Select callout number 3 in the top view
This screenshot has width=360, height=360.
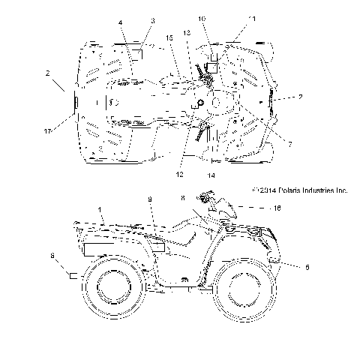click(x=152, y=21)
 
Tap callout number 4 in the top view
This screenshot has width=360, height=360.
click(x=120, y=24)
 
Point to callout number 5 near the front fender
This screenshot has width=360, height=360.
click(x=307, y=266)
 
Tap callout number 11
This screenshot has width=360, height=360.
click(x=252, y=18)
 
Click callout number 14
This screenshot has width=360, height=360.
click(x=211, y=175)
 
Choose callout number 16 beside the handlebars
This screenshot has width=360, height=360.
click(x=277, y=210)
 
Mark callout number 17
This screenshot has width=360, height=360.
click(x=48, y=131)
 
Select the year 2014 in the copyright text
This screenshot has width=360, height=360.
click(x=262, y=191)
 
